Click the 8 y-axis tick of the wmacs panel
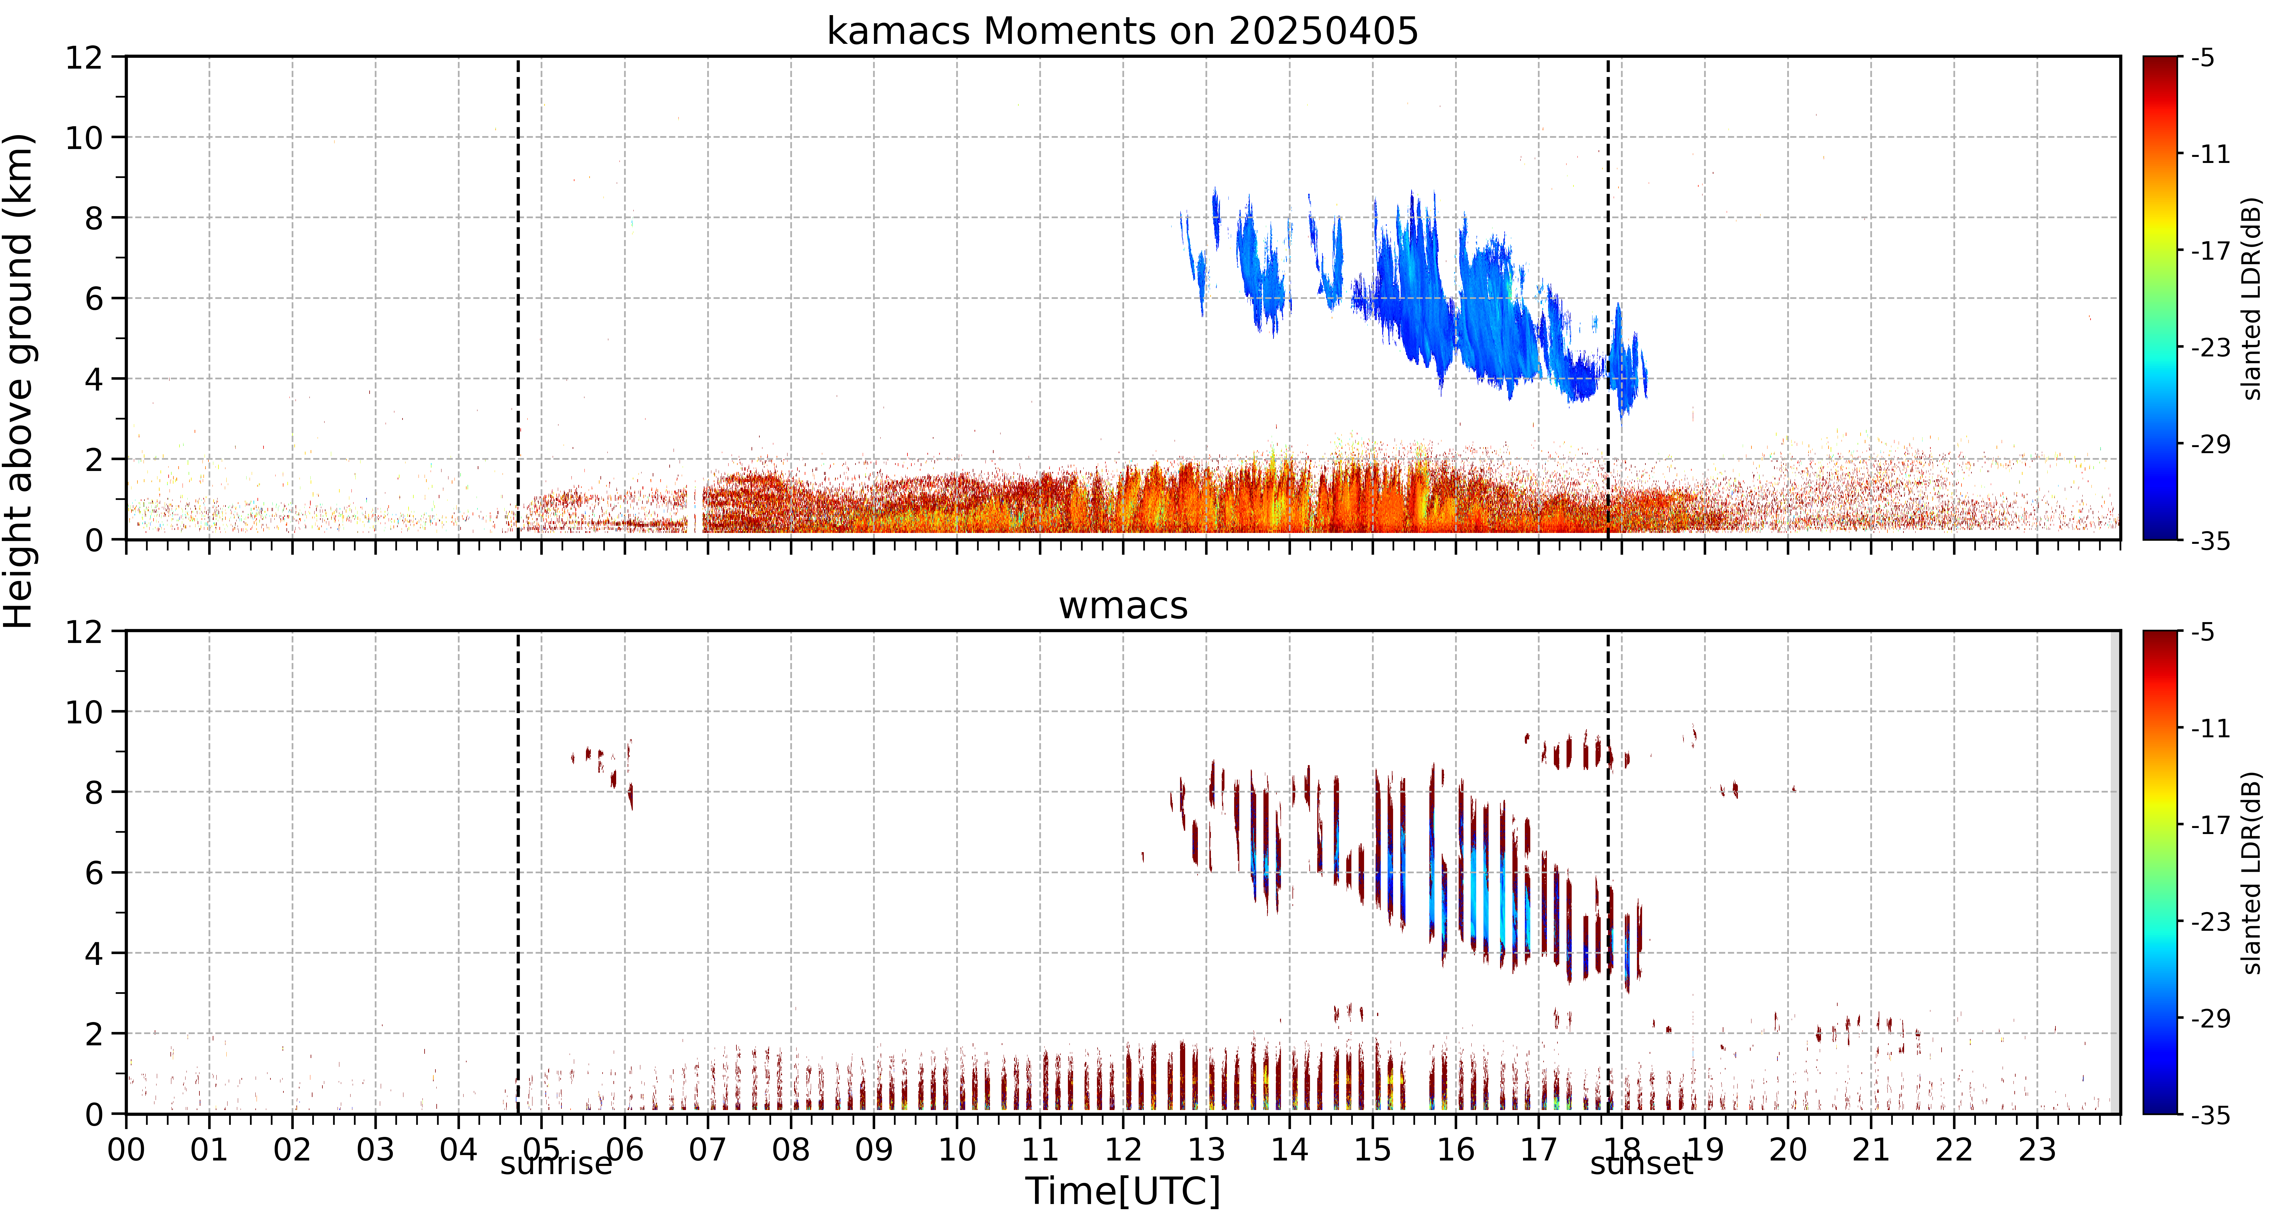click(94, 792)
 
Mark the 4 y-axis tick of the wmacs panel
click(94, 953)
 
